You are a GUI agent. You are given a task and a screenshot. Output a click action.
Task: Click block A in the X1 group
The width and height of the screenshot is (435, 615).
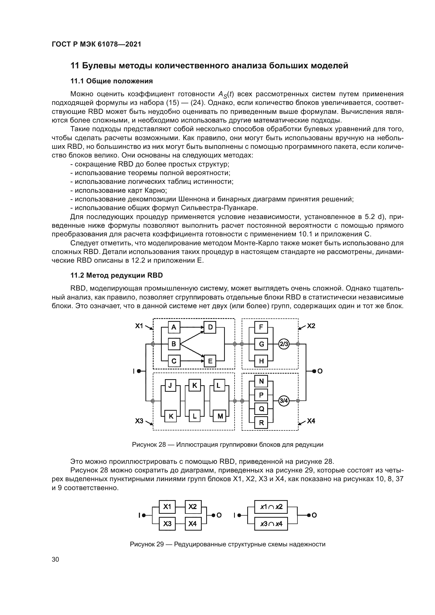tap(174, 327)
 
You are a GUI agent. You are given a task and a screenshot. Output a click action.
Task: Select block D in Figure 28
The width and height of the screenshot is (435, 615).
tap(210, 327)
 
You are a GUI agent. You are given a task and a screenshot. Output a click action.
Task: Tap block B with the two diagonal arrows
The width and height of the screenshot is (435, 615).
tap(174, 344)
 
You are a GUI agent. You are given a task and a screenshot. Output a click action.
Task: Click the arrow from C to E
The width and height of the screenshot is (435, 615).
tap(192, 361)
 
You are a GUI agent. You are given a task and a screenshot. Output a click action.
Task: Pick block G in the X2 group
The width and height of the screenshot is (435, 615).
tap(261, 344)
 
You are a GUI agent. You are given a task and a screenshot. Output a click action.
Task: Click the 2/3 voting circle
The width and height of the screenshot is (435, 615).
tap(284, 344)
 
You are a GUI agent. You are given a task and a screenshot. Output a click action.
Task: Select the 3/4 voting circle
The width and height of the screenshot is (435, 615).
tap(284, 401)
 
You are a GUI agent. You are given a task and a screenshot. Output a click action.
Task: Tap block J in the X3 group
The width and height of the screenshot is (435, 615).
tap(170, 385)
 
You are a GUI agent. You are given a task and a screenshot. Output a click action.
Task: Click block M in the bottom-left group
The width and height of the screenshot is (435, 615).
tap(220, 416)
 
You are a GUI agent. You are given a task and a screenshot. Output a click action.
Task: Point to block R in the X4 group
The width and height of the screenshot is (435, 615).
tap(261, 423)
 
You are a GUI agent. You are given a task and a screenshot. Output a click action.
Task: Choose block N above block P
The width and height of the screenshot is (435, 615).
tap(261, 381)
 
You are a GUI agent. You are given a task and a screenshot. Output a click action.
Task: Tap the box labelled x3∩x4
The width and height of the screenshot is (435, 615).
tap(271, 524)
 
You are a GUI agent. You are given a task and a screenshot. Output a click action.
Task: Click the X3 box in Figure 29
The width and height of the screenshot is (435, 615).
tap(167, 524)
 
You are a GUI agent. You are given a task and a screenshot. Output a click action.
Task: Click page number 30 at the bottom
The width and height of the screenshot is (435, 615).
tap(55, 560)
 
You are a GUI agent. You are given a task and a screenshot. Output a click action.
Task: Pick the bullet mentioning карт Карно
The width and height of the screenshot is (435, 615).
tap(118, 190)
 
